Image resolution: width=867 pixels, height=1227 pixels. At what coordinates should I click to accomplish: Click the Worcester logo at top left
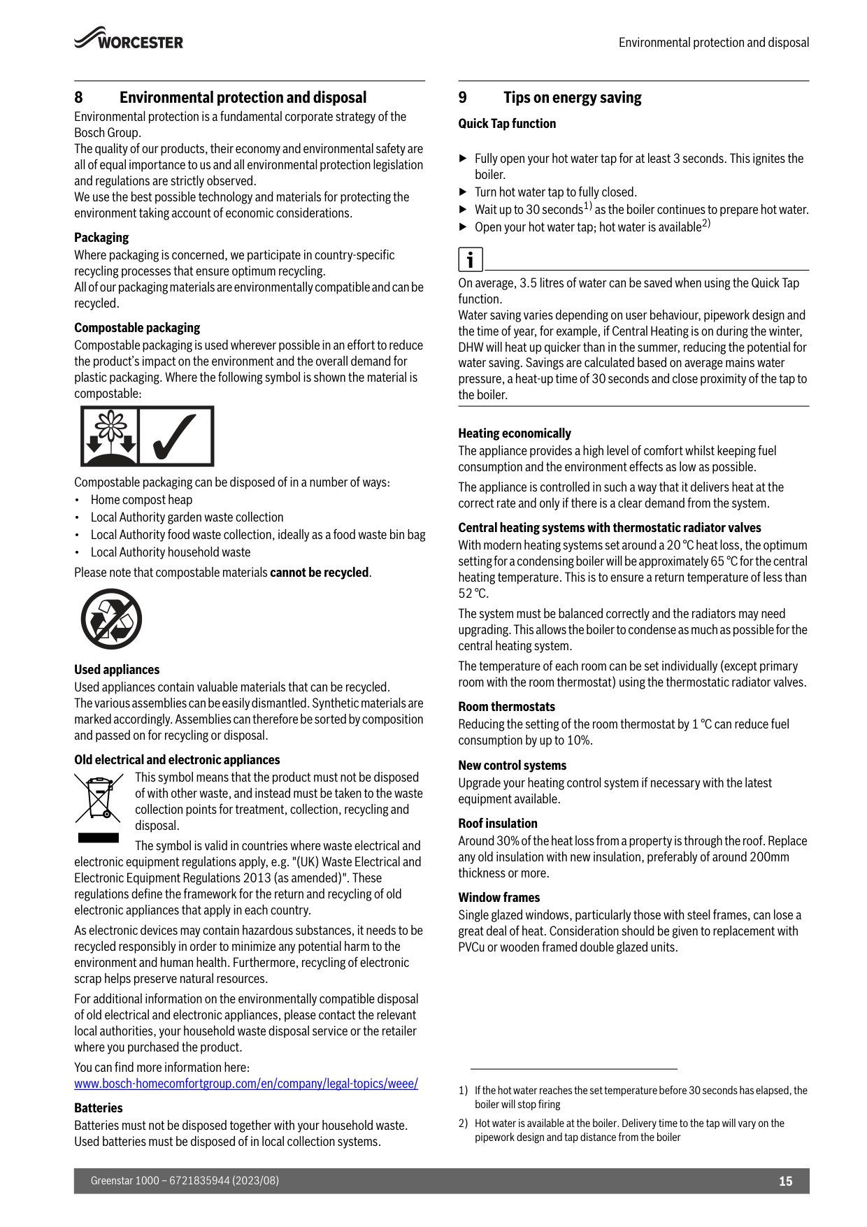(x=129, y=39)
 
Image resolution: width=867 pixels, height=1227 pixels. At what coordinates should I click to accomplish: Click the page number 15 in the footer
(x=785, y=1181)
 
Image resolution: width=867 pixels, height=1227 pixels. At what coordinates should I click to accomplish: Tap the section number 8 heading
(x=78, y=98)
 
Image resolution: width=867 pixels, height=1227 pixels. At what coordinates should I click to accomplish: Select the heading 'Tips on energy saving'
(x=572, y=98)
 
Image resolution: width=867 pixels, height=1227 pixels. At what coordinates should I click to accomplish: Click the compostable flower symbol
(x=110, y=436)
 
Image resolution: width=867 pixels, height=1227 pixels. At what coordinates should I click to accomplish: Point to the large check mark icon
(x=175, y=436)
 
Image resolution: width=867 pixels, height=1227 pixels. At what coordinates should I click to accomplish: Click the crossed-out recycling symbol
(x=111, y=619)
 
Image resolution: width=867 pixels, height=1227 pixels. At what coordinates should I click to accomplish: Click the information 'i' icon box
(x=471, y=259)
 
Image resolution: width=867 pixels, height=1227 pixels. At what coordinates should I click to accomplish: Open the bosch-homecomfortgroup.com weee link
(x=246, y=1084)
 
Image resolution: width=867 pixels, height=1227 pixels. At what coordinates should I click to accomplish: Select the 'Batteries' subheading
(x=99, y=1108)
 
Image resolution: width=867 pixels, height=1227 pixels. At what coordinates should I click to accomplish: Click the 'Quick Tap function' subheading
(x=507, y=124)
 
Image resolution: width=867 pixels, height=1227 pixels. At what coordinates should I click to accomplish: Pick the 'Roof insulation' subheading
(x=498, y=824)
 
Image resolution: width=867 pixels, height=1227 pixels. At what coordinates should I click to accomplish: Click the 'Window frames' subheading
(x=499, y=898)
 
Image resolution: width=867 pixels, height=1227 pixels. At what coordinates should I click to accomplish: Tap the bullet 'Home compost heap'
(x=141, y=500)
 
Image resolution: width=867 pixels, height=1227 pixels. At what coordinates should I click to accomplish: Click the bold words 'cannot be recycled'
(x=320, y=573)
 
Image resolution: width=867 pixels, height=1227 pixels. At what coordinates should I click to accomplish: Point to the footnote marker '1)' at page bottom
(x=463, y=1091)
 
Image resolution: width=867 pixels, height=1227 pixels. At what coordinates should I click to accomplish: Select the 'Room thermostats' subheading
(x=507, y=707)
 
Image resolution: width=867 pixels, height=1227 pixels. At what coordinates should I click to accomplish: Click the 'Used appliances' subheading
(x=117, y=670)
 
